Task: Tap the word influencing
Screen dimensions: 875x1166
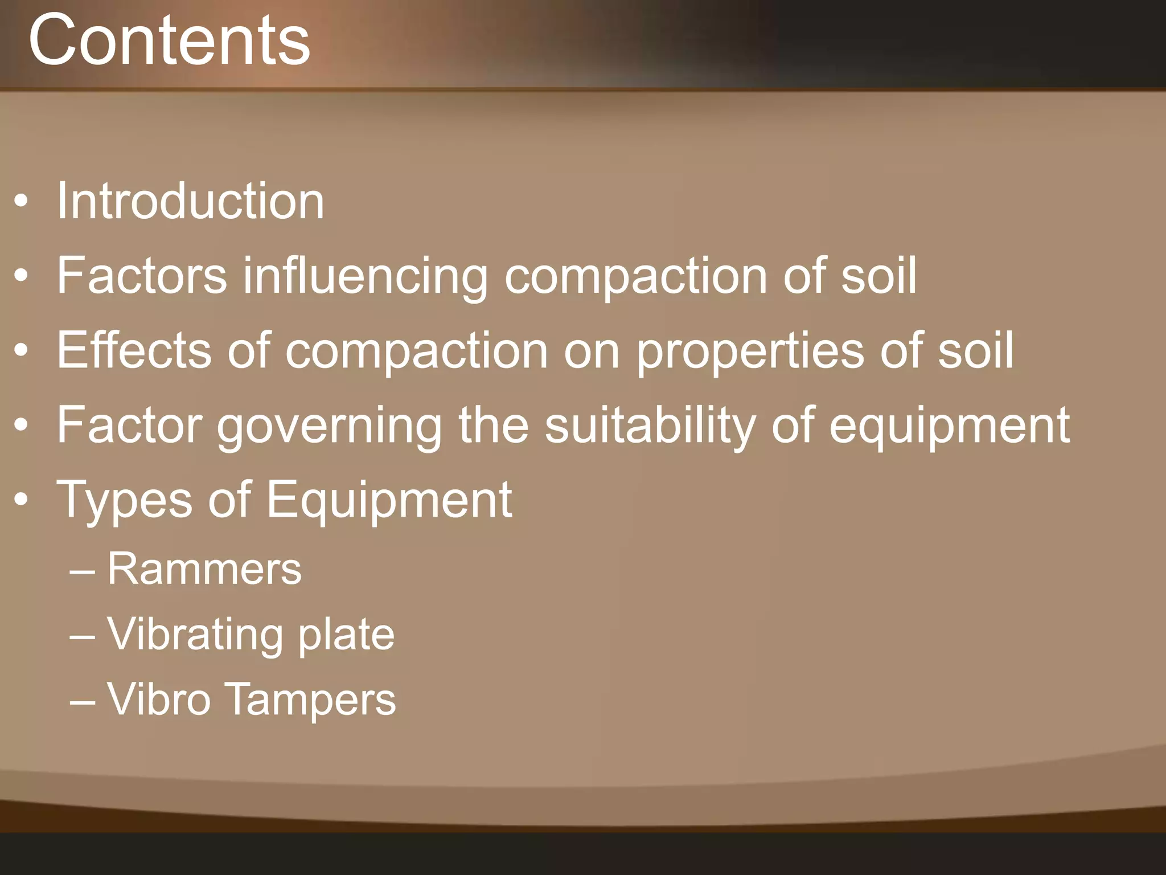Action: pyautogui.click(x=366, y=276)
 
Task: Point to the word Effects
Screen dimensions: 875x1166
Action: pyautogui.click(x=134, y=350)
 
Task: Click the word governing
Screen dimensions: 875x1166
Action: pyautogui.click(x=329, y=426)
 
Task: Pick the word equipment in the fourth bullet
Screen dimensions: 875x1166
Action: pyautogui.click(x=949, y=426)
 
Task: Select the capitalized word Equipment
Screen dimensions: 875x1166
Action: pyautogui.click(x=389, y=500)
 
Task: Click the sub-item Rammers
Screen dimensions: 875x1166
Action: pyautogui.click(x=204, y=569)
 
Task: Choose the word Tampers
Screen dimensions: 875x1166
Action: pyautogui.click(x=311, y=699)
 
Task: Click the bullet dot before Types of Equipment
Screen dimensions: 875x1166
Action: pyautogui.click(x=21, y=500)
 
